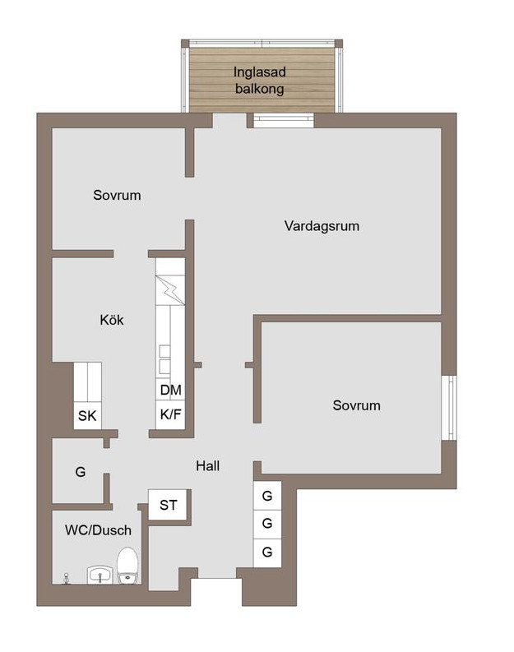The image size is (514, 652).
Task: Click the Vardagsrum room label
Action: click(x=322, y=226)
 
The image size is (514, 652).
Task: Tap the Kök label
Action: click(x=112, y=320)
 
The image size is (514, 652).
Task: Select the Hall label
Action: click(x=207, y=465)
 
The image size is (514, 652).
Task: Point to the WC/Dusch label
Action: click(x=98, y=530)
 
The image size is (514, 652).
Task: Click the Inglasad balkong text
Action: click(x=260, y=81)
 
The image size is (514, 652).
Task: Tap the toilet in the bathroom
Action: click(x=127, y=566)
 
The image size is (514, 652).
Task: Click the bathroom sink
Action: click(x=100, y=575)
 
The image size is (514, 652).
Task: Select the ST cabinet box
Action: click(x=168, y=505)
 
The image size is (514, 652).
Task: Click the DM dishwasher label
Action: click(x=170, y=390)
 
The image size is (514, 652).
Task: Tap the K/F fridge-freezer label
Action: click(x=170, y=414)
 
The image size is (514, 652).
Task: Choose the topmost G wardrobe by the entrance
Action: click(x=267, y=496)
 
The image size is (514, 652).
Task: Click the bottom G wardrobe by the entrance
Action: click(x=267, y=553)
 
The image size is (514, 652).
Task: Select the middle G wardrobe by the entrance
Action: click(x=267, y=524)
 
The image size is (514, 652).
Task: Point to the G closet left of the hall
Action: click(x=81, y=472)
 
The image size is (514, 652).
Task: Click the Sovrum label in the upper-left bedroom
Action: click(x=117, y=195)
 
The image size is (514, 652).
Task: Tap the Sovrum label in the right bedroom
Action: click(x=356, y=405)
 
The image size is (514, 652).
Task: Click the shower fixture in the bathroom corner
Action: click(x=66, y=578)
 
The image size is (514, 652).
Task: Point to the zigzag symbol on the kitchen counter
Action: click(x=170, y=290)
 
